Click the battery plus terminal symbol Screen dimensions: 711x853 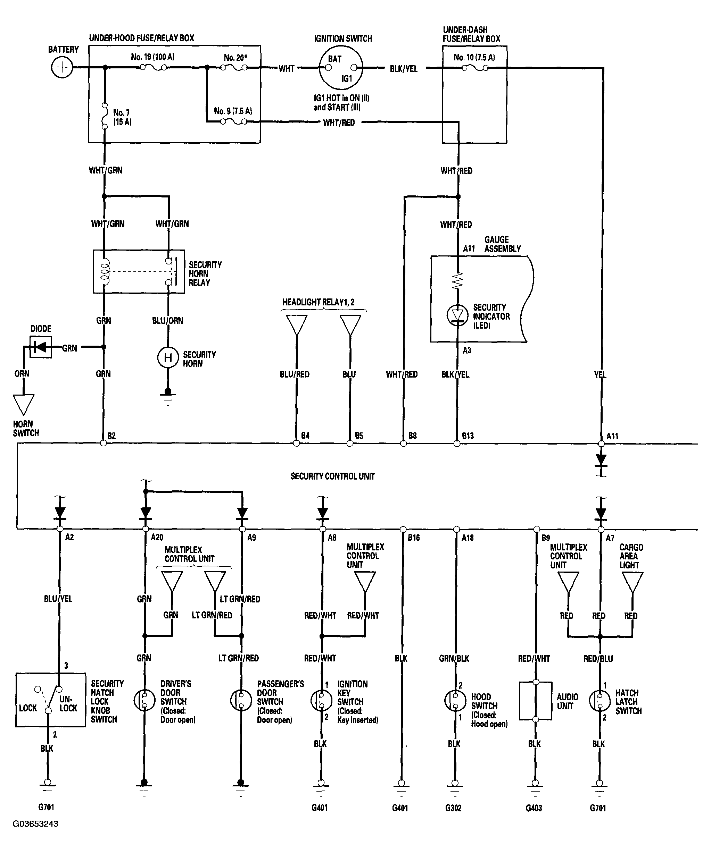(62, 67)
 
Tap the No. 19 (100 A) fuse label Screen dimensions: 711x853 (152, 57)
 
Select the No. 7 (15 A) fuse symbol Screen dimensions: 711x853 (105, 116)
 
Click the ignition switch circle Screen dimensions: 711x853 (341, 68)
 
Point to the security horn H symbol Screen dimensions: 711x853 (168, 358)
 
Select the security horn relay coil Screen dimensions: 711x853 (105, 271)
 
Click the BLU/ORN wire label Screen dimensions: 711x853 (167, 321)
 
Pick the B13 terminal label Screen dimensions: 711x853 (468, 436)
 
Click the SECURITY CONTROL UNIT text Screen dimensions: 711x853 (332, 476)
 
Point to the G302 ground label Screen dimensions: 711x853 (453, 808)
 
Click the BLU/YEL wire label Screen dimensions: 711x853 (58, 599)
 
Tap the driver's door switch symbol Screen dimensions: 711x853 (144, 700)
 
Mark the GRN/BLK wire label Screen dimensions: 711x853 (454, 658)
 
